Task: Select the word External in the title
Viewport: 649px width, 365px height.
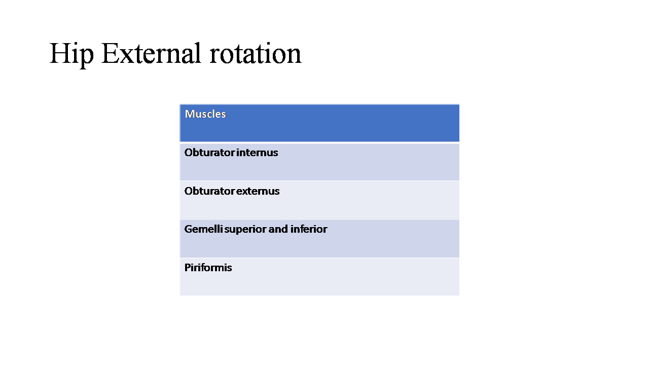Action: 151,53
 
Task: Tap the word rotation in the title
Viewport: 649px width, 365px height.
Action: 256,54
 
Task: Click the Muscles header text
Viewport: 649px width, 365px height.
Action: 205,114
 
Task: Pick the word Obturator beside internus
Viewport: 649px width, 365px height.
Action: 209,153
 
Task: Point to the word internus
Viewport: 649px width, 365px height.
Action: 257,153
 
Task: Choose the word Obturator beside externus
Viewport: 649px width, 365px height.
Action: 209,191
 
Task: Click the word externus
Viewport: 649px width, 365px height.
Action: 258,191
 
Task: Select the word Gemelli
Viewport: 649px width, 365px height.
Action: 204,229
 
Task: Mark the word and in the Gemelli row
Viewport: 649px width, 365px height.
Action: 278,229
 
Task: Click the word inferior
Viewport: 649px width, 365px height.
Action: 309,229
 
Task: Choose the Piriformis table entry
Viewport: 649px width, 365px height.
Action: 208,268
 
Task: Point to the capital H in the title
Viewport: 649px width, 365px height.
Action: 60,53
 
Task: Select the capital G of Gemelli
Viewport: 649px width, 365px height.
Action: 189,229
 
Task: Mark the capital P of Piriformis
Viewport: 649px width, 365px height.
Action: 188,268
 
